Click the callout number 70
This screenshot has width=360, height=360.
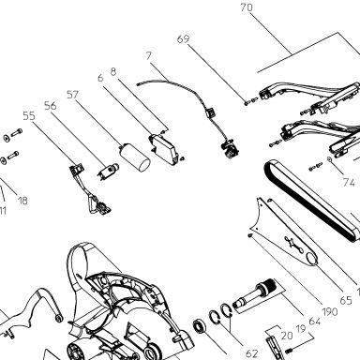point(247,7)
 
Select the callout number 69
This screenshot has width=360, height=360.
point(184,39)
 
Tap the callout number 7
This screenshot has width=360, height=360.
point(149,56)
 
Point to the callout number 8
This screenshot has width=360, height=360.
point(113,72)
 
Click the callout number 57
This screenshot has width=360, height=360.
point(72,95)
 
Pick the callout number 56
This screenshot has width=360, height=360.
point(51,106)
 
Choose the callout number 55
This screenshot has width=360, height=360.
point(29,116)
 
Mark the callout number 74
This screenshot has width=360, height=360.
point(349,182)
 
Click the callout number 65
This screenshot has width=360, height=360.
point(346,301)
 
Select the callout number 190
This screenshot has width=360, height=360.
point(330,311)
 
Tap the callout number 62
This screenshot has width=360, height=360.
point(252,353)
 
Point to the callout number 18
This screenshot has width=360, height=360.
point(22,201)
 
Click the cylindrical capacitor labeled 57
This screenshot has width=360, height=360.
point(135,157)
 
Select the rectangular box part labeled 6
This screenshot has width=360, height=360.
point(163,148)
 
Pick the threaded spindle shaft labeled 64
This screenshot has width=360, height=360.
point(254,295)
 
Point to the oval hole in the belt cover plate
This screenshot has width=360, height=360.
point(312,258)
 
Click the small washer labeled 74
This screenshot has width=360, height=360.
point(329,159)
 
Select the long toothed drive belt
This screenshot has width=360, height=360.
point(312,200)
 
